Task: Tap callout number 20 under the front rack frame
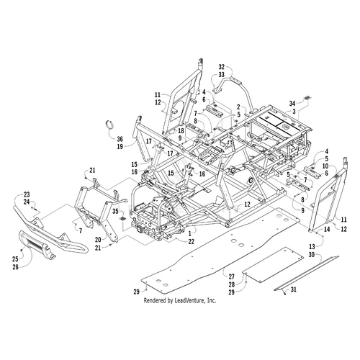coord(98,238)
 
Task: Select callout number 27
coord(231,276)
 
